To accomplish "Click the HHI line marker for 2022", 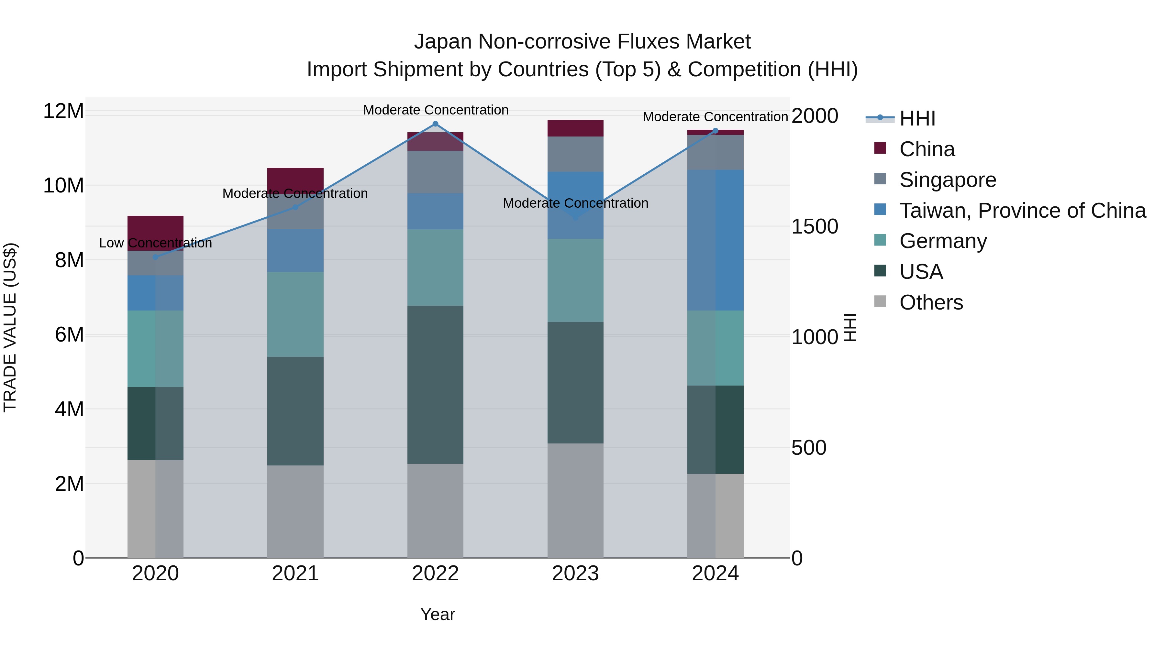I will point(435,124).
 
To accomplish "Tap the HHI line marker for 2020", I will point(156,257).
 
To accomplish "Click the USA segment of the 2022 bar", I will point(435,384).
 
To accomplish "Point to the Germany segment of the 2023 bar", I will point(575,280).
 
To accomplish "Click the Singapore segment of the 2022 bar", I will point(435,172).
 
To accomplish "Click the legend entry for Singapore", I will point(948,180).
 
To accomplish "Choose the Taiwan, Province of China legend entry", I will point(1022,211).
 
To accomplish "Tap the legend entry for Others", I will point(931,302).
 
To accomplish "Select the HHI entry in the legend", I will point(917,118).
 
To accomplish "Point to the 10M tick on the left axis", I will point(63,186).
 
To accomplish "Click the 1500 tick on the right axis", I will point(815,226).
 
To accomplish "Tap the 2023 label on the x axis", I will point(575,573).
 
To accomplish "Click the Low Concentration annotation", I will point(156,243).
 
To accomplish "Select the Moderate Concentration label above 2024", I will point(715,117).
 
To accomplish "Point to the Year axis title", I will point(437,614).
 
